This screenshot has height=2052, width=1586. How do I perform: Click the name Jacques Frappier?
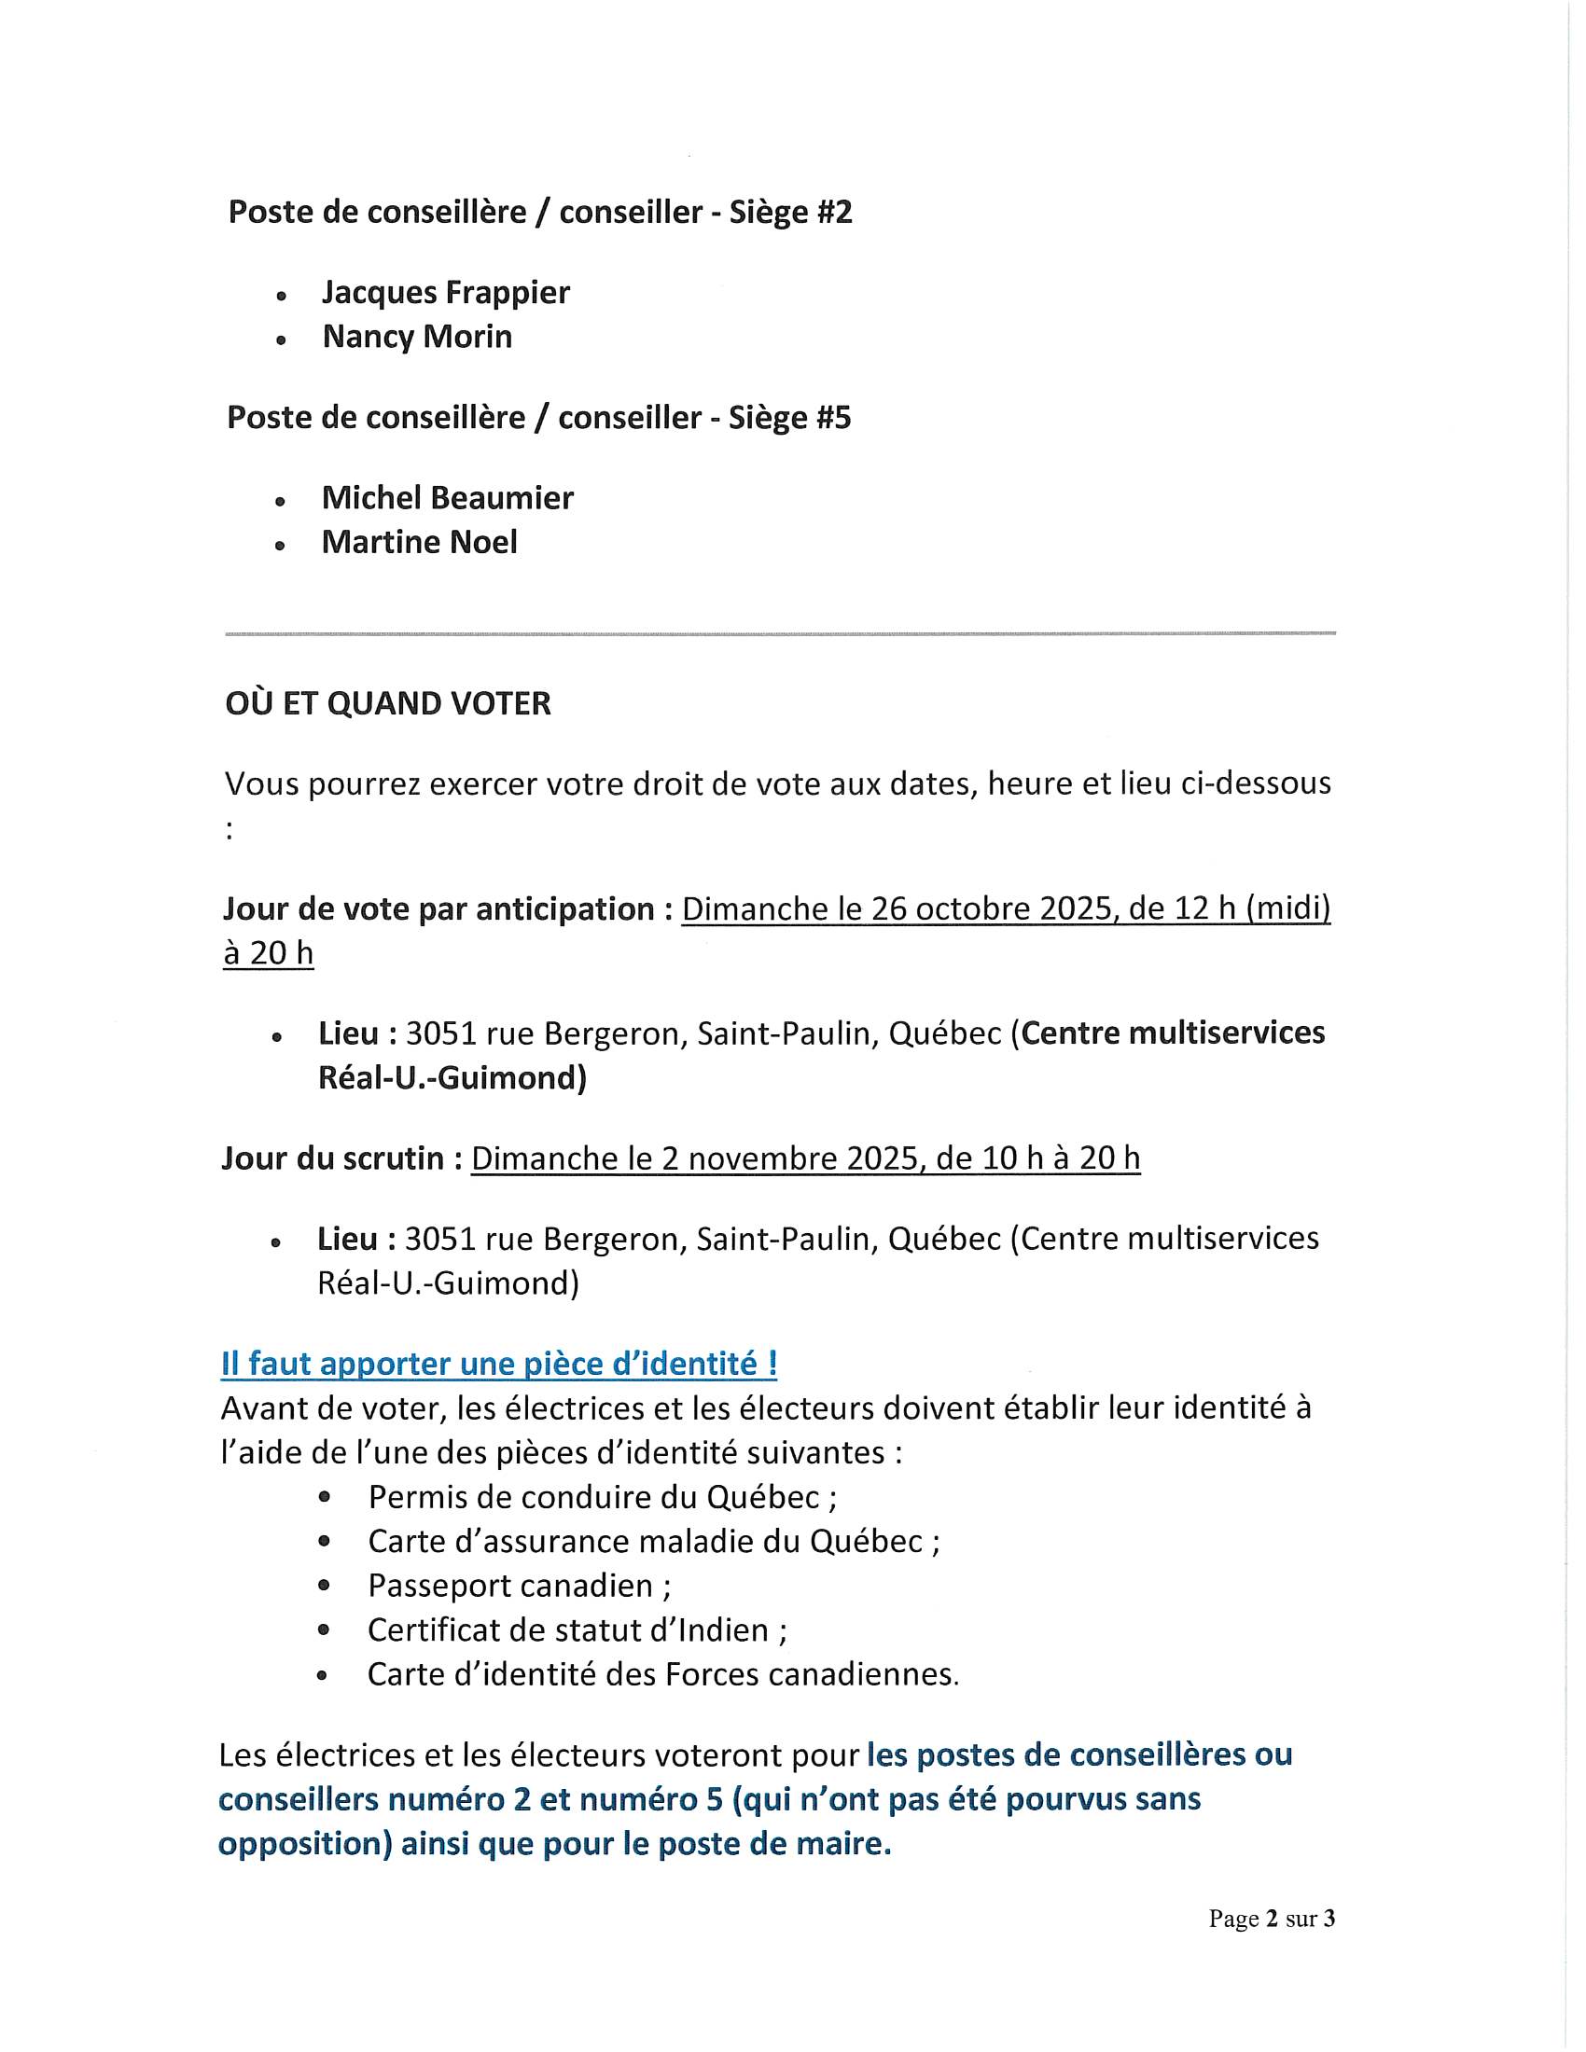(445, 293)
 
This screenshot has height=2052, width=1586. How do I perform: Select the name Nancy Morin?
(417, 338)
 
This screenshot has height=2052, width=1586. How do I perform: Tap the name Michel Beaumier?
(447, 498)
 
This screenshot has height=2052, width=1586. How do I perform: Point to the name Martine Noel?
(419, 542)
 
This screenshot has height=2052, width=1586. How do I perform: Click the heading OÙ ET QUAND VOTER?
(388, 703)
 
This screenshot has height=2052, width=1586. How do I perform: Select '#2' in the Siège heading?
(833, 213)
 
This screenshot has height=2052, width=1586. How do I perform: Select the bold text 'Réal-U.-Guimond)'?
(452, 1077)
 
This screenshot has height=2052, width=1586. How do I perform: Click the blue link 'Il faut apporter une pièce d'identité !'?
(499, 1364)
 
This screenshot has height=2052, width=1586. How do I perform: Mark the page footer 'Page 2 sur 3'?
(1272, 1919)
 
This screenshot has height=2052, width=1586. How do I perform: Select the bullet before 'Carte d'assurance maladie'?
(324, 1542)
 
